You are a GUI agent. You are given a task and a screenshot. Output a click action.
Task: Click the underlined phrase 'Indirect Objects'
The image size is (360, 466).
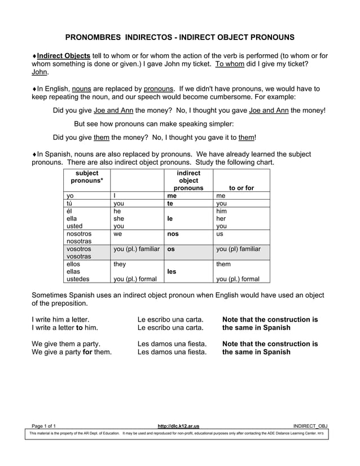(x=64, y=56)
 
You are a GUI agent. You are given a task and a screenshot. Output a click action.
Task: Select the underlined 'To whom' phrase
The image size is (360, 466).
(x=230, y=64)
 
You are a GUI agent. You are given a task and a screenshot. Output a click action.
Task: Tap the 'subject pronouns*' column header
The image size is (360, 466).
(x=87, y=177)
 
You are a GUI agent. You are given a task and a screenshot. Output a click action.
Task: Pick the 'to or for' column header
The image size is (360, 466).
(x=242, y=188)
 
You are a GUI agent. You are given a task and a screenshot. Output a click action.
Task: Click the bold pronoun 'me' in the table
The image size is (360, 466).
(x=172, y=196)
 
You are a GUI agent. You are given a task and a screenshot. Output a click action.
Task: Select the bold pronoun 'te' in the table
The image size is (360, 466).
(x=170, y=204)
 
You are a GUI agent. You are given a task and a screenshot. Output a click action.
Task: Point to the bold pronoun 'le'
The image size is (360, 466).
(x=170, y=218)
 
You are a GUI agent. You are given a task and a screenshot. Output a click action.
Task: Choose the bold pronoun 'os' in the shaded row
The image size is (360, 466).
(x=172, y=249)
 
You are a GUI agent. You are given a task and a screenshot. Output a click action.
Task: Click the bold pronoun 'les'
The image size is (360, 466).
(x=172, y=271)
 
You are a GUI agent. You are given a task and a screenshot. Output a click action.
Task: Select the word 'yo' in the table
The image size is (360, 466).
(x=71, y=196)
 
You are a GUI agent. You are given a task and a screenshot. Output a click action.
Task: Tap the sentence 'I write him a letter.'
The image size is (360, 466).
(x=60, y=319)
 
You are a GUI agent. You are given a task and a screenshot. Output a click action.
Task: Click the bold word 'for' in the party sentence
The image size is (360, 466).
(x=87, y=352)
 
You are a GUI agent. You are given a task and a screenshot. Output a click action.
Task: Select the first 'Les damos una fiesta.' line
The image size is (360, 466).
(x=172, y=344)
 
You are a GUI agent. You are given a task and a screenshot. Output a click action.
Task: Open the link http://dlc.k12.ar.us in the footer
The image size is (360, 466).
(x=179, y=425)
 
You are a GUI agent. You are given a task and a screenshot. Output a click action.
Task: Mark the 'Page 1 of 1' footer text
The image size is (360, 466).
(x=43, y=425)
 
